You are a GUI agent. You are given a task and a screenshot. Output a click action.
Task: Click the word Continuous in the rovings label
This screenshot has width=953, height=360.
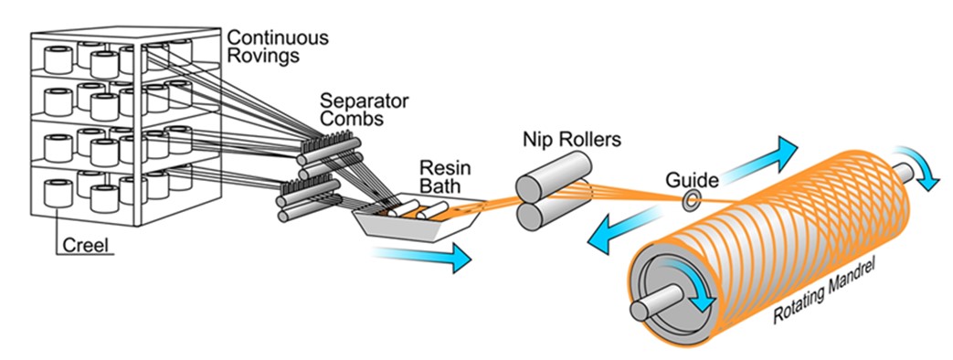(278, 38)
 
